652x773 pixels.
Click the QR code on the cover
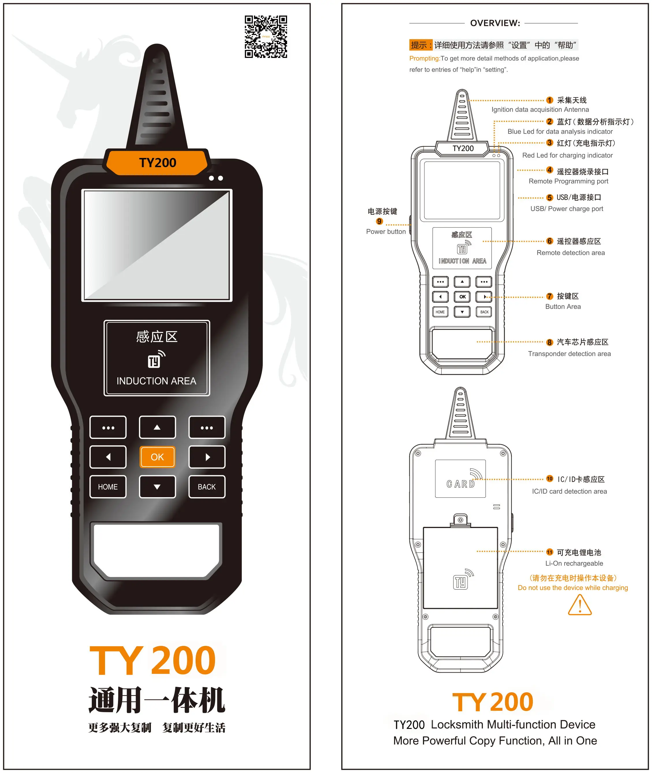266,37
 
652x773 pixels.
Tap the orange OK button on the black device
157,457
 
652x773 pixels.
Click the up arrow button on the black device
157,427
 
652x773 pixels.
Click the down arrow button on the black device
157,487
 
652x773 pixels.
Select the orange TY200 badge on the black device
158,162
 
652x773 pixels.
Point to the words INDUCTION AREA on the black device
156,381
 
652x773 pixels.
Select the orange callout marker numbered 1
550,100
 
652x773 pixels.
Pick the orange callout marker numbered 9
379,221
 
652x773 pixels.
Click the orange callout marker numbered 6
550,241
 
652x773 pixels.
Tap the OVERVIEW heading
495,23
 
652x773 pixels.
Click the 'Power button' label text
386,231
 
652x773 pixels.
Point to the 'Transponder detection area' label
569,354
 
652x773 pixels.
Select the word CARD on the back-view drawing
460,484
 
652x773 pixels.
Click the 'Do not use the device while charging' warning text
573,588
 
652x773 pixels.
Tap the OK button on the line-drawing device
462,297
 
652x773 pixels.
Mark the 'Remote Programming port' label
568,181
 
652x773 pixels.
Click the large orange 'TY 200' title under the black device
153,661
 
